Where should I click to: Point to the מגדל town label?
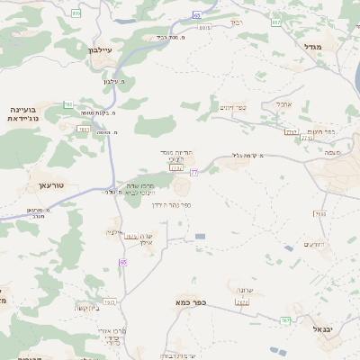point(312,46)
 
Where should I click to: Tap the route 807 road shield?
point(276,22)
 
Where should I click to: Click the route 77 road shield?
point(193,172)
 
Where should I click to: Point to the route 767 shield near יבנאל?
point(285,319)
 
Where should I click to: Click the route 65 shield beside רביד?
point(196,15)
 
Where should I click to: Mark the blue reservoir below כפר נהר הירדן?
point(200,237)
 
